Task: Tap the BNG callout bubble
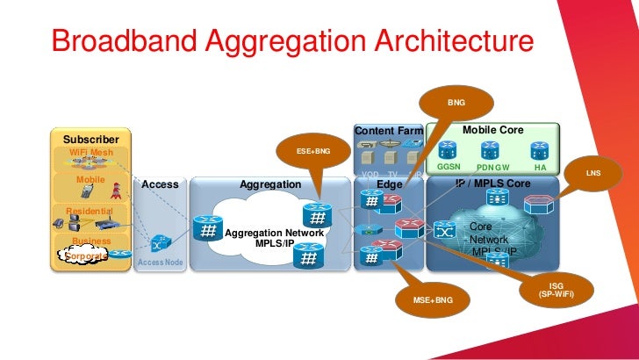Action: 456,104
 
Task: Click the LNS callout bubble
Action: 594,174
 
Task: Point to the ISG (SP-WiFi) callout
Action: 556,289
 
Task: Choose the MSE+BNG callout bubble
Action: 431,301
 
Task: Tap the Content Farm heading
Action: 389,132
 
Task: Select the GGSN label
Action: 449,166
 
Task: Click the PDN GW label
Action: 492,167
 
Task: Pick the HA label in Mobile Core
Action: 539,166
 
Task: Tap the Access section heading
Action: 160,185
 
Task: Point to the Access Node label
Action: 159,262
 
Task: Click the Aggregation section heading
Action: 270,185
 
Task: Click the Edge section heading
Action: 389,185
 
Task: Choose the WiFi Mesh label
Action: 90,152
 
